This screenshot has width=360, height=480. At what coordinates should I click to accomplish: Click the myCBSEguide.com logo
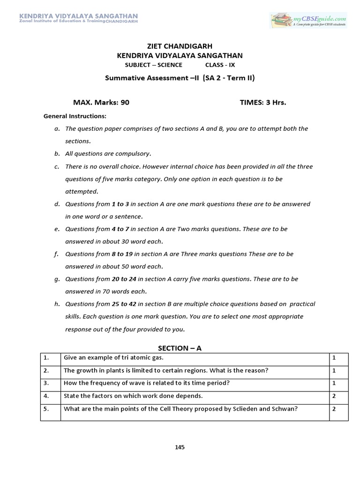pyautogui.click(x=308, y=20)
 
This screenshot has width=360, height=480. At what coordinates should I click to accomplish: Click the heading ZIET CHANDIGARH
pyautogui.click(x=180, y=46)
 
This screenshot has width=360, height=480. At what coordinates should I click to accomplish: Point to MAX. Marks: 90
pyautogui.click(x=101, y=102)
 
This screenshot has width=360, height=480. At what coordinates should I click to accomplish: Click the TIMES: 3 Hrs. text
pyautogui.click(x=262, y=102)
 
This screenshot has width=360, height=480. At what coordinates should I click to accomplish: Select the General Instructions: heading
pyautogui.click(x=75, y=116)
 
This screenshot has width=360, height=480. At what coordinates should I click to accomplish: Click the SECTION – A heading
pyautogui.click(x=180, y=348)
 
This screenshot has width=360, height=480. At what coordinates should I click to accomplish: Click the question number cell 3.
pyautogui.click(x=46, y=383)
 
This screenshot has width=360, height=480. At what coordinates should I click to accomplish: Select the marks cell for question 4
pyautogui.click(x=334, y=396)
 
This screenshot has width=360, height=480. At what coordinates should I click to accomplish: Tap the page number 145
pyautogui.click(x=180, y=447)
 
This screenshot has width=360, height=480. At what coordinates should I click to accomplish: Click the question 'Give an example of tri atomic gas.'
pyautogui.click(x=113, y=358)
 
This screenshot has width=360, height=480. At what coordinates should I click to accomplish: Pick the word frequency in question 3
pyautogui.click(x=104, y=383)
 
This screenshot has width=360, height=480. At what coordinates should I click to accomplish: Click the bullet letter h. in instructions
pyautogui.click(x=57, y=304)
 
